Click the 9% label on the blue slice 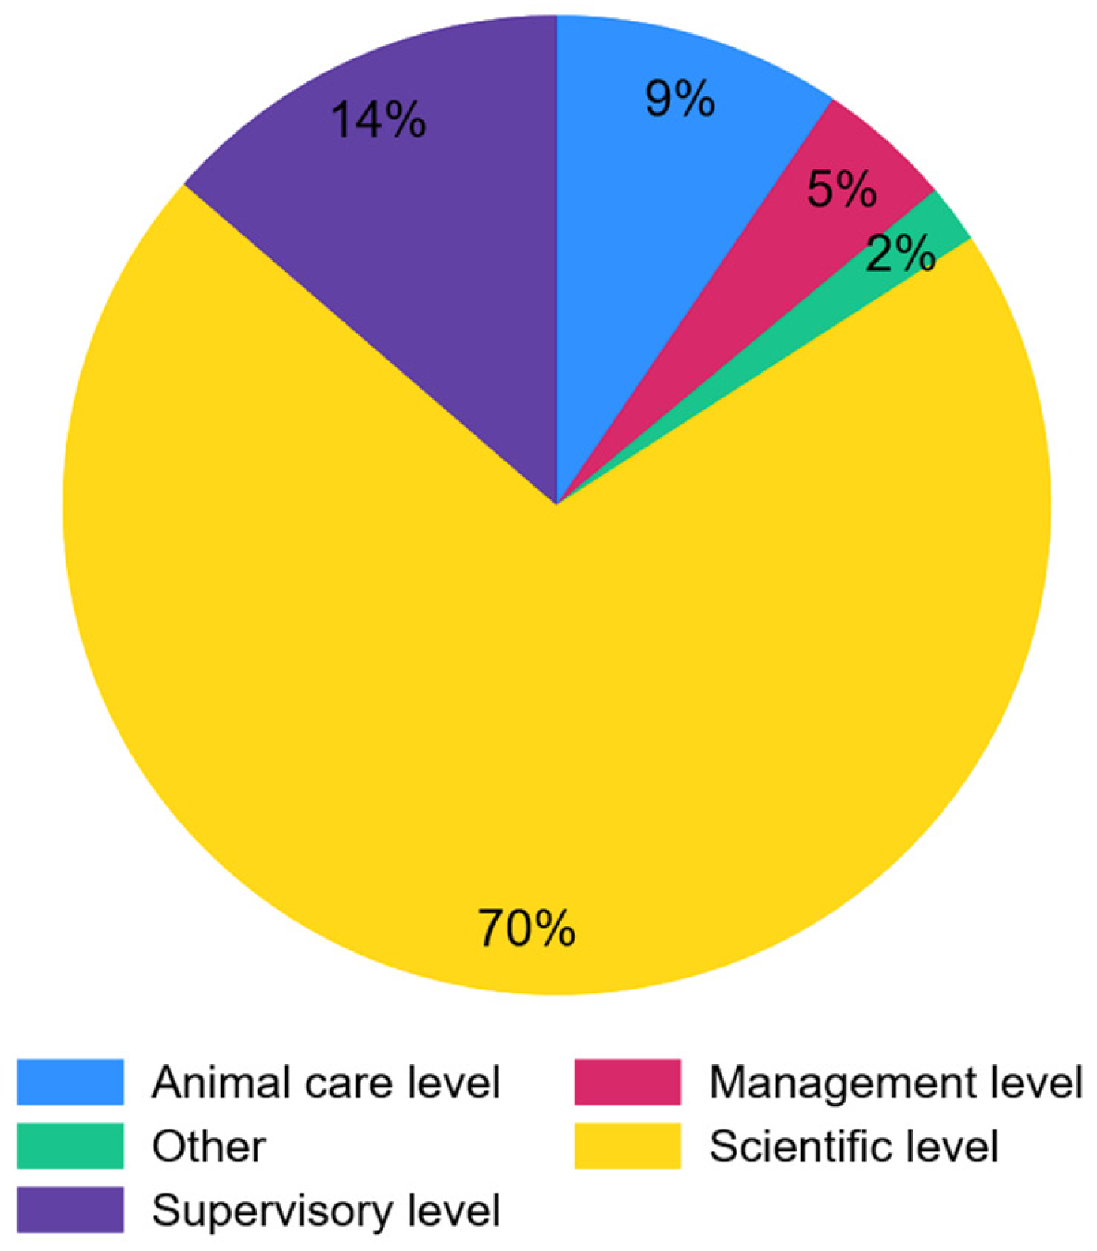point(680,100)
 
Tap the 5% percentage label point(841,190)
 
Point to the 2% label point(900,254)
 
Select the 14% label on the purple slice point(379,120)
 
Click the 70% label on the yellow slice point(526,928)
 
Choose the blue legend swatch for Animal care point(70,1082)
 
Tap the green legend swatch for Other point(70,1146)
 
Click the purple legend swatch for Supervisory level point(70,1209)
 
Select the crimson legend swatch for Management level point(628,1082)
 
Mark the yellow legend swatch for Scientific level point(628,1146)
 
